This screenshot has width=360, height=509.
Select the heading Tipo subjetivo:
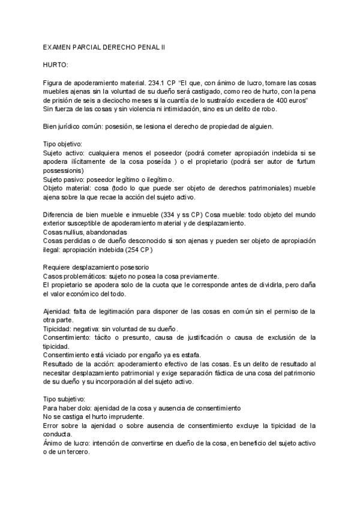pos(65,399)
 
